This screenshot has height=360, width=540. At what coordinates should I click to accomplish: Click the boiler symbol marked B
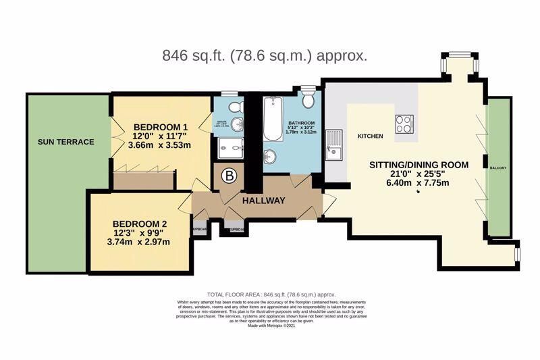click(x=230, y=177)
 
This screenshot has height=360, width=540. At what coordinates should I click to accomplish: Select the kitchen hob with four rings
click(x=404, y=124)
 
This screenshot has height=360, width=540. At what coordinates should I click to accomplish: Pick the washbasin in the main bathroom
click(x=270, y=157)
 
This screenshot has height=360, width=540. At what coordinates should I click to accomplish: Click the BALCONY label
click(x=498, y=168)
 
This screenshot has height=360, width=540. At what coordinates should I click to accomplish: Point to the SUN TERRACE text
click(x=66, y=142)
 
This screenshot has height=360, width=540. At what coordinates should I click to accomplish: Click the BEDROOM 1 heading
click(x=161, y=127)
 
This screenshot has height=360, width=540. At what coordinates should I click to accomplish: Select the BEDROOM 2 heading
click(x=140, y=224)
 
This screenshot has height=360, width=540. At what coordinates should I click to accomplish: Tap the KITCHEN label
click(x=370, y=136)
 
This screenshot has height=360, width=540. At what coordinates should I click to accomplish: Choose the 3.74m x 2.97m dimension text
click(x=140, y=242)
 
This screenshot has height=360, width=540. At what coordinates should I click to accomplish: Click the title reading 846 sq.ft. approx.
click(x=265, y=55)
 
